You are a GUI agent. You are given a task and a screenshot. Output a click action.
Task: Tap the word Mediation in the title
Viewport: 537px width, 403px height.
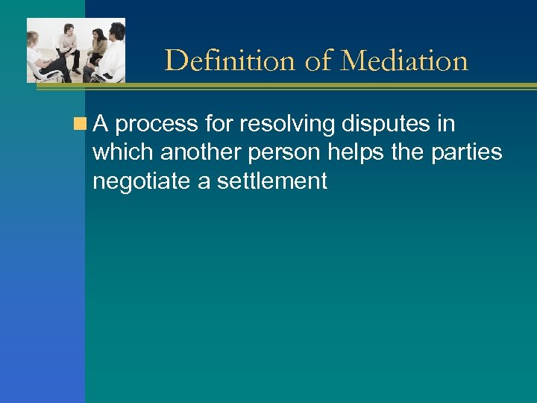(403, 60)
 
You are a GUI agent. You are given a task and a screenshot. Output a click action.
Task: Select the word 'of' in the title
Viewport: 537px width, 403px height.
(318, 60)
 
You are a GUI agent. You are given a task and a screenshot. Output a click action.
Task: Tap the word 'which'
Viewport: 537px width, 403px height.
(123, 152)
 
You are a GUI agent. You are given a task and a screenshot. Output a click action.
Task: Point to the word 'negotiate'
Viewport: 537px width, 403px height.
(142, 180)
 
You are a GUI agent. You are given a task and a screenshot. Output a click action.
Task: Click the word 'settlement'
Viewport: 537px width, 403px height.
(272, 180)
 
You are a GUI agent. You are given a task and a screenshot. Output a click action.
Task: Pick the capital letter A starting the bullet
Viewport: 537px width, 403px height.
(101, 124)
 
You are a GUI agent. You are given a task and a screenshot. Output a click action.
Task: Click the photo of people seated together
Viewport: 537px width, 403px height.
(76, 50)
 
